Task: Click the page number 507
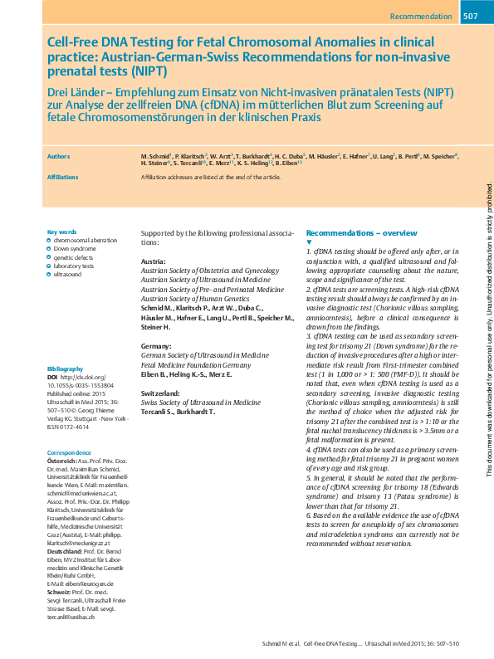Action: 469,17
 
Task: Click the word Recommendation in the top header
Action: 421,17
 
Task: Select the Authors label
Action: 59,156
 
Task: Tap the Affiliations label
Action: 62,177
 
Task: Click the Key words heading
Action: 62,232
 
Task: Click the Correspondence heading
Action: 70,452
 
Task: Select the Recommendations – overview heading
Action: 361,233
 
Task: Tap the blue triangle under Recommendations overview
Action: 309,242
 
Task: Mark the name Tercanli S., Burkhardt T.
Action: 178,412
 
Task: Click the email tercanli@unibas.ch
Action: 71,618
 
